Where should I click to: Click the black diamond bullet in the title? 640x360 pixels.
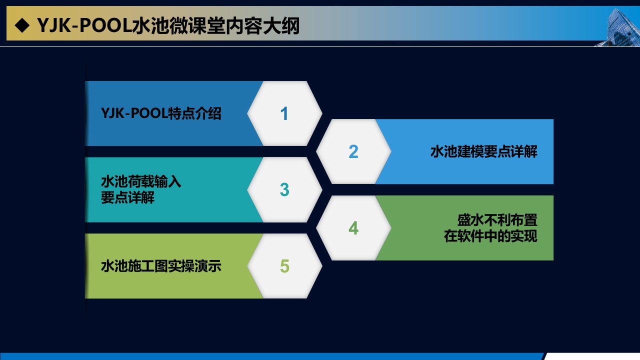pos(22,25)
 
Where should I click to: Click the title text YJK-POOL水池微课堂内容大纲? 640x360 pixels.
pos(168,25)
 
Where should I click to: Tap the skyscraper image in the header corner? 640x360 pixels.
pos(620,27)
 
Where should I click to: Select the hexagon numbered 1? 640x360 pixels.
pos(284,113)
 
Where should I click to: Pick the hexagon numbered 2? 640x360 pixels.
pos(353,151)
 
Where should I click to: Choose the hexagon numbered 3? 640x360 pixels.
pos(284,189)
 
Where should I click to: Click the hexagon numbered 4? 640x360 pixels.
pos(353,228)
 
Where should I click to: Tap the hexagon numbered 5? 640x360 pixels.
pos(284,266)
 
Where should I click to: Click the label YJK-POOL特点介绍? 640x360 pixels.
pos(161,113)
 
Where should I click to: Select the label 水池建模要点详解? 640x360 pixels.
pos(483,151)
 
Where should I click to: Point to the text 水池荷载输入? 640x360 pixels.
pos(141,181)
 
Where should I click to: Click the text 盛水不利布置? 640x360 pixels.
pos(497,220)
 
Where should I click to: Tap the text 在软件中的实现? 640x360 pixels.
pos(490,236)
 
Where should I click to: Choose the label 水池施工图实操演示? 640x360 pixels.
pos(161,266)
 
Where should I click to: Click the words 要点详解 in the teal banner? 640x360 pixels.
pos(127,197)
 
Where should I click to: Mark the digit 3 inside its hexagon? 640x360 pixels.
pos(284,189)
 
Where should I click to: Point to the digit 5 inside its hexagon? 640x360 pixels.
pos(284,266)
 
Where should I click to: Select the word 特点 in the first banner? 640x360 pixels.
pos(181,113)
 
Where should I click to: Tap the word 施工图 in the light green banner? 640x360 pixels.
pos(147,266)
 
